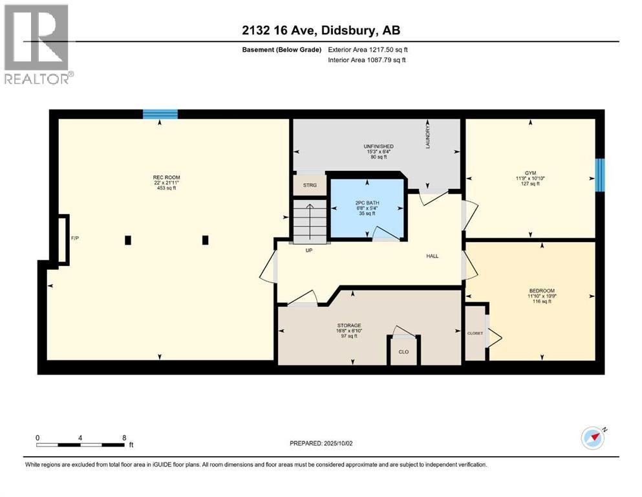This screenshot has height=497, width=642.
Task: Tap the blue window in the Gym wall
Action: pyautogui.click(x=599, y=175)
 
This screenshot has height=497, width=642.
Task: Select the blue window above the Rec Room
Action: pyautogui.click(x=160, y=115)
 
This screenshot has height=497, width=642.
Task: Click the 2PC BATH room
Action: pyautogui.click(x=367, y=208)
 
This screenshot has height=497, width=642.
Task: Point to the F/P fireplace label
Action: pyautogui.click(x=75, y=239)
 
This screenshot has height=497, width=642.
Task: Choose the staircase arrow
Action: pyautogui.click(x=309, y=220)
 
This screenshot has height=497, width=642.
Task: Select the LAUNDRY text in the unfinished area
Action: pyautogui.click(x=427, y=137)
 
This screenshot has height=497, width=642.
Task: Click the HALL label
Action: pyautogui.click(x=433, y=256)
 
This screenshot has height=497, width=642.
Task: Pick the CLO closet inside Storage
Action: pyautogui.click(x=403, y=351)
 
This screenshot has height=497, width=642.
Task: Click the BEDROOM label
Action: pyautogui.click(x=542, y=291)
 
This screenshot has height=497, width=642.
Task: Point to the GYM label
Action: pyautogui.click(x=531, y=173)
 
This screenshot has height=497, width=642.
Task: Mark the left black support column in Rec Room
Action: pyautogui.click(x=128, y=240)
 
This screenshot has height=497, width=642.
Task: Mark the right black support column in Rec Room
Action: pyautogui.click(x=206, y=240)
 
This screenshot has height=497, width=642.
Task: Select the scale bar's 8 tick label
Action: pyautogui.click(x=124, y=437)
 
